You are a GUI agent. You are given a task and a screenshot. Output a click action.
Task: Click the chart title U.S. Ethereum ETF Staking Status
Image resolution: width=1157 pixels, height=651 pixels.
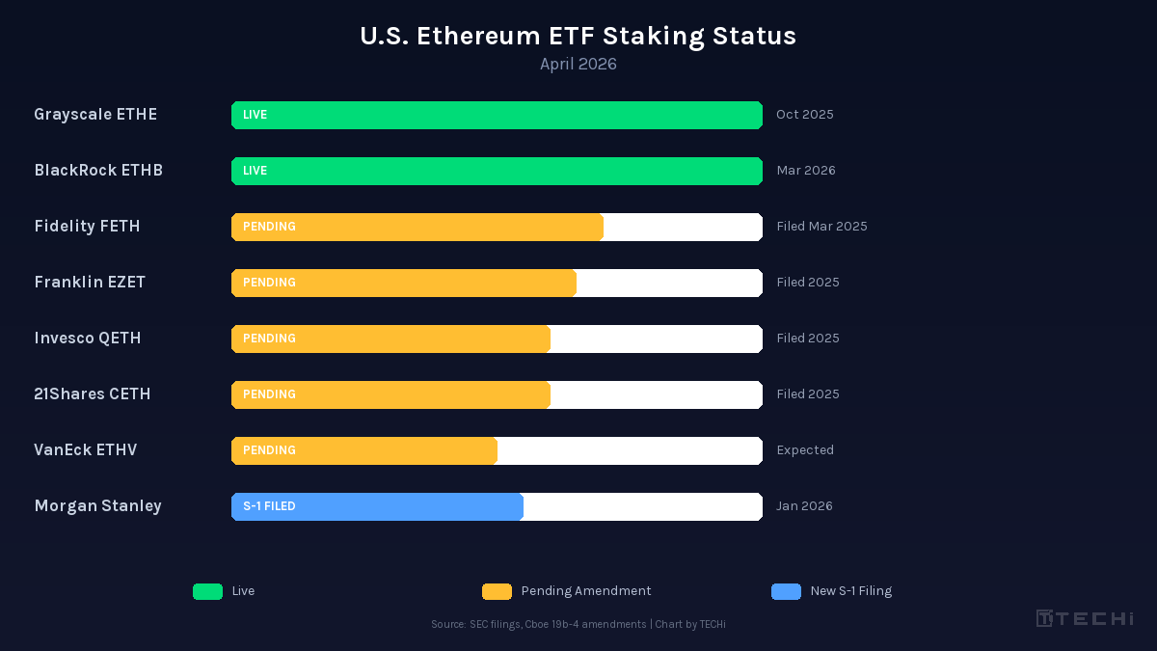click(578, 36)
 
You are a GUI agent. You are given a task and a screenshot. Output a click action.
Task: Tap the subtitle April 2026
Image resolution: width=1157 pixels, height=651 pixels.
click(578, 65)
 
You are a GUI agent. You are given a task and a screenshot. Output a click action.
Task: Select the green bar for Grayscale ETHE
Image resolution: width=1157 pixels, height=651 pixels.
click(497, 115)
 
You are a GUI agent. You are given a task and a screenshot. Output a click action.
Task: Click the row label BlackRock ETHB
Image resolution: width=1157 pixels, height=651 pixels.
click(98, 171)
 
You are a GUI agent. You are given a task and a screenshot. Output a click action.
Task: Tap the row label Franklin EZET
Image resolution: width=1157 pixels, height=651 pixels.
click(90, 283)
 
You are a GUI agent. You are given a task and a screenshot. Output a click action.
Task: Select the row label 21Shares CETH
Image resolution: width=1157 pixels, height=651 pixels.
click(93, 394)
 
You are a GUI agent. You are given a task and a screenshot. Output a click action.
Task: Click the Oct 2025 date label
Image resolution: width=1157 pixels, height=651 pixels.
click(804, 115)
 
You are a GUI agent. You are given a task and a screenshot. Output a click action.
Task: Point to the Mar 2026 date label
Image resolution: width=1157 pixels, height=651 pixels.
click(805, 171)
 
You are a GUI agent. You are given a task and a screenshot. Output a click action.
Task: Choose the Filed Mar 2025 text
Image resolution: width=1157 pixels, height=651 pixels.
click(821, 227)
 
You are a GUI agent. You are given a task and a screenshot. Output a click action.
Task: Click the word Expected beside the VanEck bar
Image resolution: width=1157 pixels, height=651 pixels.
click(804, 450)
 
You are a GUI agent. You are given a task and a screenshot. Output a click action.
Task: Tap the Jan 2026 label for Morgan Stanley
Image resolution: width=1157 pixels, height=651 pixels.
click(804, 506)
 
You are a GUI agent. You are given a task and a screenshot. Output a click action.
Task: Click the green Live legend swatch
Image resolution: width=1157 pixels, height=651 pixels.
click(207, 591)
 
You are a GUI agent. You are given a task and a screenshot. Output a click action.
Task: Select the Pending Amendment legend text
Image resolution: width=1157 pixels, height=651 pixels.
click(586, 591)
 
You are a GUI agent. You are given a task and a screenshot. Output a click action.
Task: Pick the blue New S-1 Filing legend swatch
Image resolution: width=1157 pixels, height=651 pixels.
click(786, 591)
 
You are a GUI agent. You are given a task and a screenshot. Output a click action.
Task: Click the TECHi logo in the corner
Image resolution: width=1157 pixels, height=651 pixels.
click(1085, 618)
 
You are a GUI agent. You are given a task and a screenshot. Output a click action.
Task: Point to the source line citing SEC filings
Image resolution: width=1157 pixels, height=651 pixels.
click(578, 625)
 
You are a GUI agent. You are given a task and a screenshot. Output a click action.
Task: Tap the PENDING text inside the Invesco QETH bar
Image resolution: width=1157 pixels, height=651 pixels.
click(269, 339)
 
